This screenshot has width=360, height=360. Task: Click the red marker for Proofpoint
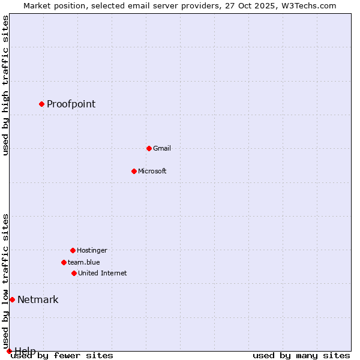pyautogui.click(x=41, y=104)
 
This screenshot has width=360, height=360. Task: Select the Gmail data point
pyautogui.click(x=149, y=148)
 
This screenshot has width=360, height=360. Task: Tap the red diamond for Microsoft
pyautogui.click(x=134, y=171)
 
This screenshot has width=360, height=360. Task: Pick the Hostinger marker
pyautogui.click(x=73, y=250)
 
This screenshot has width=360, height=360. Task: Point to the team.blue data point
pyautogui.click(x=64, y=262)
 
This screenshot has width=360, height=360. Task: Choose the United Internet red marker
pyautogui.click(x=74, y=273)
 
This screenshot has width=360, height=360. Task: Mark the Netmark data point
pyautogui.click(x=12, y=299)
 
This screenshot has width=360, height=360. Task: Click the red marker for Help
pyautogui.click(x=9, y=351)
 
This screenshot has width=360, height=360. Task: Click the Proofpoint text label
pyautogui.click(x=71, y=104)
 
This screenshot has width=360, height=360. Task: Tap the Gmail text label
pyautogui.click(x=162, y=148)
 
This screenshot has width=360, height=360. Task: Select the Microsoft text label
pyautogui.click(x=152, y=171)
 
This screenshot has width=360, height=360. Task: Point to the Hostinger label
pyautogui.click(x=92, y=250)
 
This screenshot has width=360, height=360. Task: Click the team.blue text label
pyautogui.click(x=84, y=262)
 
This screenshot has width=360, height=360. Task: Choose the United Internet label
pyautogui.click(x=103, y=273)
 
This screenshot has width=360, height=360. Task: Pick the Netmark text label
pyautogui.click(x=38, y=299)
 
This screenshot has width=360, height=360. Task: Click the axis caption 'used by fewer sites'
pyautogui.click(x=62, y=356)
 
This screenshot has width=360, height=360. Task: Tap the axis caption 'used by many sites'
pyautogui.click(x=301, y=356)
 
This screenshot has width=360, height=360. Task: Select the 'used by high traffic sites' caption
pyautogui.click(x=6, y=86)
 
